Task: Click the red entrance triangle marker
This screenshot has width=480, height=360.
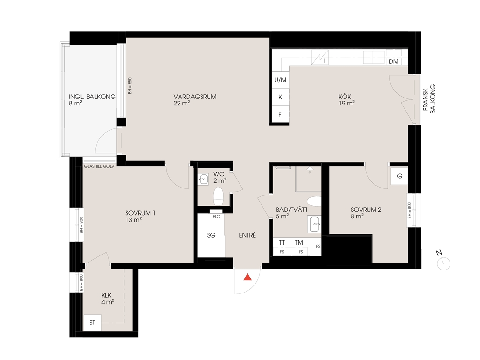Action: [247, 277]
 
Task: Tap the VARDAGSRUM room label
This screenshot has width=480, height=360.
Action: [195, 97]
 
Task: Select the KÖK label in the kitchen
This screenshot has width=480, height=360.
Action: [345, 97]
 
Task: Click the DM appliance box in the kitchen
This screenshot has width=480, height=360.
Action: [394, 61]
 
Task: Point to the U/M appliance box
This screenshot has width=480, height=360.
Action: [280, 80]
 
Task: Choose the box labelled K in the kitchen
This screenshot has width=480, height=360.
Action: [280, 97]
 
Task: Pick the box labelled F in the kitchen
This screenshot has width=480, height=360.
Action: [280, 115]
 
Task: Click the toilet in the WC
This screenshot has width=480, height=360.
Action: [218, 196]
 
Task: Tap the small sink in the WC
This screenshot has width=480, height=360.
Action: [203, 179]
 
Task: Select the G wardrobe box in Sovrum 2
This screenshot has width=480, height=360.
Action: [399, 176]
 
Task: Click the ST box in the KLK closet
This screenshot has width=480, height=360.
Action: [92, 322]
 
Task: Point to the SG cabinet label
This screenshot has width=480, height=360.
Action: [211, 235]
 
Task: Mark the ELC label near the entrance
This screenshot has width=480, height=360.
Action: [217, 217]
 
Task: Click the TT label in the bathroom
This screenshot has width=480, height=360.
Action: [282, 242]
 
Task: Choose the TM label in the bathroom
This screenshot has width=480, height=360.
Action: [299, 242]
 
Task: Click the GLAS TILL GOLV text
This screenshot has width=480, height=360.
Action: [99, 166]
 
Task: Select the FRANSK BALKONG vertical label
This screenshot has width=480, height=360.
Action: [429, 99]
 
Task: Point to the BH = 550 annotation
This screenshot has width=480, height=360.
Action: [130, 86]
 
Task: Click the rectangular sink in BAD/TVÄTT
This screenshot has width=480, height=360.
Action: [315, 224]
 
